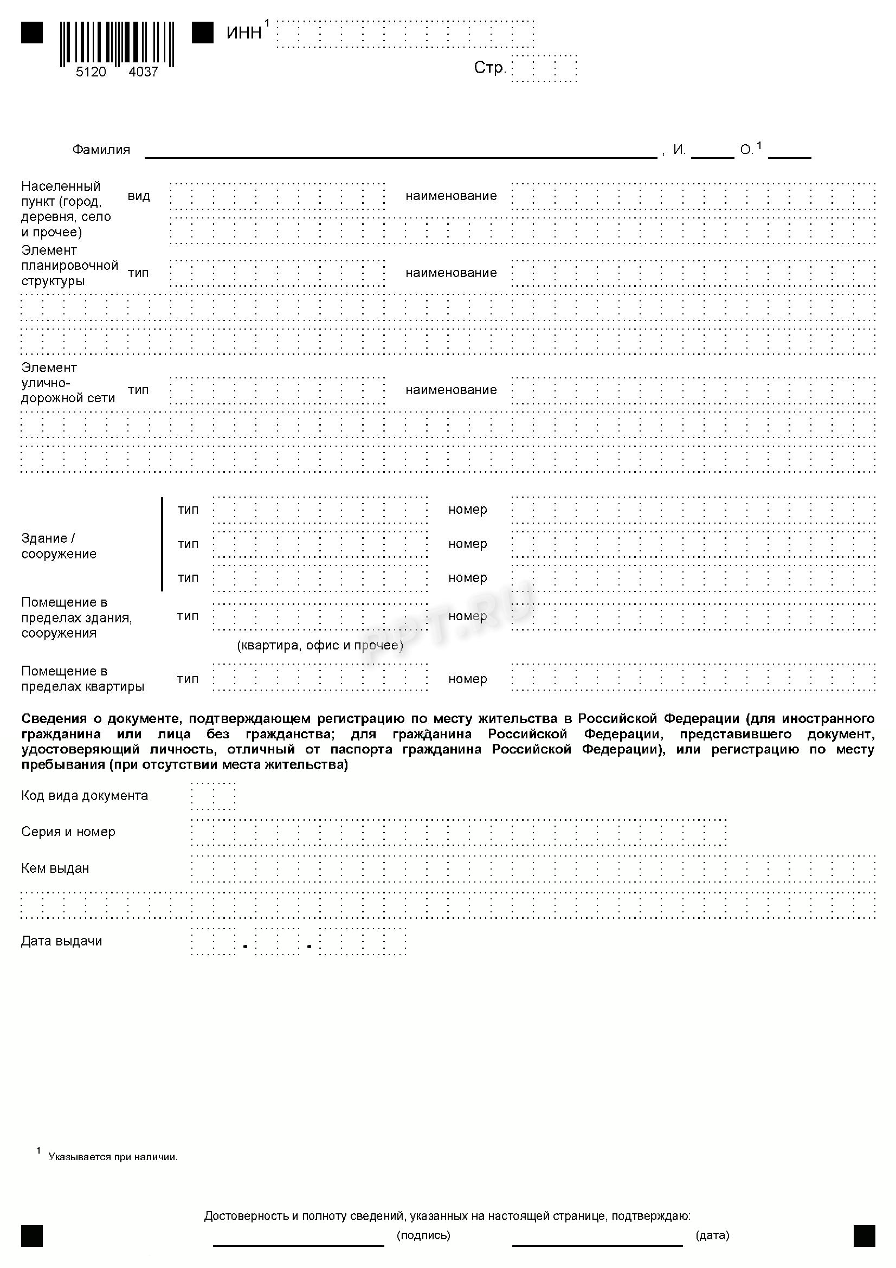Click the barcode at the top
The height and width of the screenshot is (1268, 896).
click(117, 43)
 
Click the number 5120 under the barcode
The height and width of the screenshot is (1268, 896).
click(91, 72)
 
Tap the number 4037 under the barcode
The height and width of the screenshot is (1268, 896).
click(143, 72)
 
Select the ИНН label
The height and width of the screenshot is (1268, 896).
click(244, 33)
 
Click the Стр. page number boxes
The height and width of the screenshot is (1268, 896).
click(544, 68)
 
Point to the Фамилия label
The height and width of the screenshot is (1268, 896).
click(101, 150)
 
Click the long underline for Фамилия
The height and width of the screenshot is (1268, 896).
click(400, 156)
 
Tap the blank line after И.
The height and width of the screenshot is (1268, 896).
click(712, 156)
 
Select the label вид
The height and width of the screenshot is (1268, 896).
click(139, 196)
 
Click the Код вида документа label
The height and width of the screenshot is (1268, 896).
click(85, 796)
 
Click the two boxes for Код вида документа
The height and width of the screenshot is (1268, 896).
click(213, 796)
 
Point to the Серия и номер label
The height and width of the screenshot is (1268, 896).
click(68, 832)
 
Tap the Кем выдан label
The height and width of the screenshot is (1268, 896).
click(55, 868)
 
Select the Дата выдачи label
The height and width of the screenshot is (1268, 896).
click(62, 941)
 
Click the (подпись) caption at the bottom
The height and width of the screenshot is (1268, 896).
click(423, 1235)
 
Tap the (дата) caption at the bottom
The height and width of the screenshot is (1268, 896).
click(713, 1235)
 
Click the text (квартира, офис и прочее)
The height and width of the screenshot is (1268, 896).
click(320, 645)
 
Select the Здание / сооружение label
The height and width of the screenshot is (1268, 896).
click(59, 546)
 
